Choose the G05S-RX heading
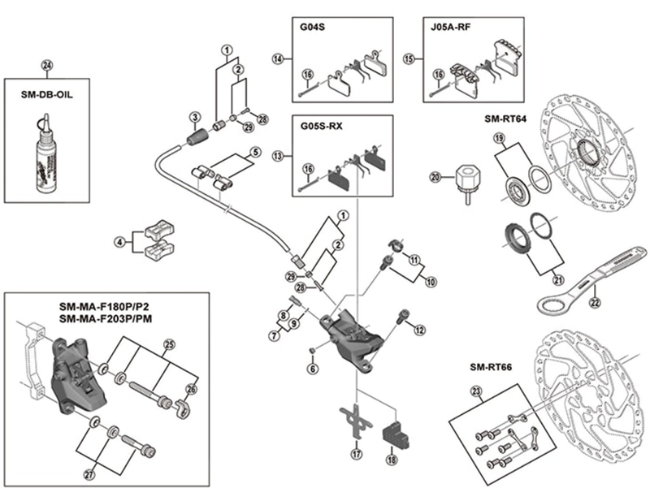(x=317, y=127)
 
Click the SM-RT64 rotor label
(x=505, y=118)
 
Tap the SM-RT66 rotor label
(x=491, y=366)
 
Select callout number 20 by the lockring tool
(x=435, y=176)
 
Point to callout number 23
(x=475, y=392)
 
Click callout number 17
(x=354, y=454)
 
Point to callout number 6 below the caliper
(x=312, y=368)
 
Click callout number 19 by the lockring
(x=499, y=139)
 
